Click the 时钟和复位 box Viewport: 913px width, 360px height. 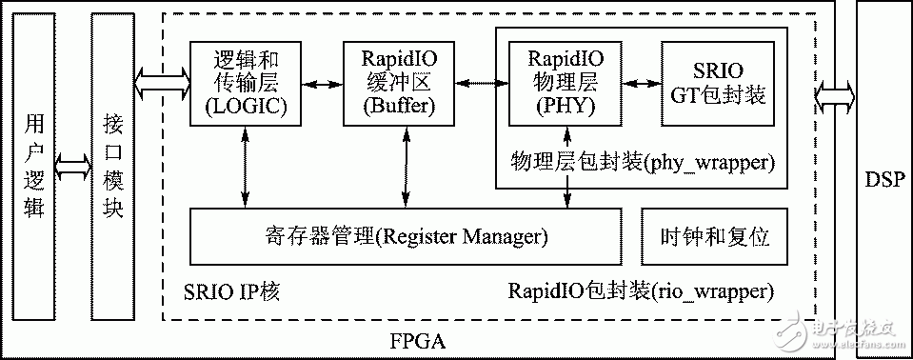(714, 235)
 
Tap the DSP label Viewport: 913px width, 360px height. (883, 179)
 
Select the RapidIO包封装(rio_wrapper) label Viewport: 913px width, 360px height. (641, 290)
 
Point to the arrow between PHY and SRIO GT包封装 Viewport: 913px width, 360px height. (634, 82)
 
